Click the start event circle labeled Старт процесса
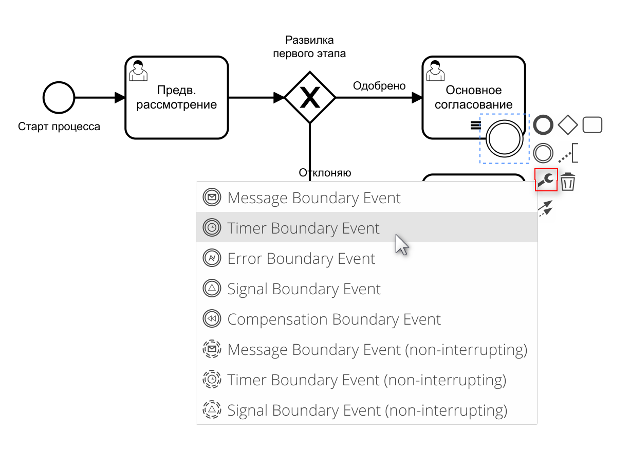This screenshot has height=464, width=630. [59, 97]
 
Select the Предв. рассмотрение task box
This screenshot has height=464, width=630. [176, 98]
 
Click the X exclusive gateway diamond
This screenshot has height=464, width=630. [310, 97]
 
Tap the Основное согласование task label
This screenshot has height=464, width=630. [473, 98]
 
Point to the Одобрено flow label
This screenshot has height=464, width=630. [379, 86]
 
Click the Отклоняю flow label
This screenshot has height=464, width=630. [325, 173]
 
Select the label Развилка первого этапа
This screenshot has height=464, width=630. [309, 46]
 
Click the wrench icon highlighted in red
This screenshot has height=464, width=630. [546, 180]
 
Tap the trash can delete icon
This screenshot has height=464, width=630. [568, 182]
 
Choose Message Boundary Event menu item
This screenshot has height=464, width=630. [314, 198]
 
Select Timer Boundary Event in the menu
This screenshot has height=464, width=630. [303, 228]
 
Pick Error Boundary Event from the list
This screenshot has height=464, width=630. [301, 258]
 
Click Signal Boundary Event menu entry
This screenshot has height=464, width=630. [304, 289]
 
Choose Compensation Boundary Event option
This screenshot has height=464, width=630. [334, 319]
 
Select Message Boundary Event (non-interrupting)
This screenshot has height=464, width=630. [377, 350]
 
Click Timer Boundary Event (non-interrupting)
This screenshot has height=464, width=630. [366, 380]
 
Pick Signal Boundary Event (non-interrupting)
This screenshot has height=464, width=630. [367, 411]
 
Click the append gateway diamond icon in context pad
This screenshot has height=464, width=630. [568, 124]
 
